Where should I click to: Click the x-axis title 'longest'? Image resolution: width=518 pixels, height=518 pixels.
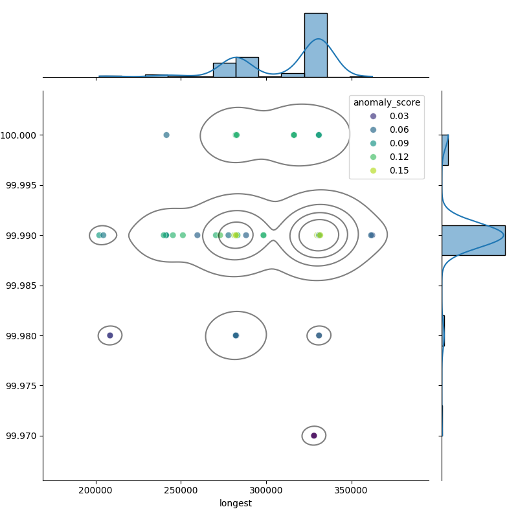click(x=236, y=503)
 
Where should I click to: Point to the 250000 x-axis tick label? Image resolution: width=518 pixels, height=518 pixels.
click(x=181, y=490)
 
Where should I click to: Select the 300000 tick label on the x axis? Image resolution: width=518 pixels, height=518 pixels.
click(x=267, y=490)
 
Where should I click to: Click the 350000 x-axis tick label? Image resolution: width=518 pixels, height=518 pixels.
click(x=352, y=490)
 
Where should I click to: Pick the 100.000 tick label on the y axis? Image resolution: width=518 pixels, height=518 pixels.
click(x=21, y=135)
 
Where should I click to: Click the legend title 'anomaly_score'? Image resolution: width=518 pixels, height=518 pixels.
click(x=387, y=102)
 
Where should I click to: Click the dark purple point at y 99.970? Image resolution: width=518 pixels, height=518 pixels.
click(x=314, y=436)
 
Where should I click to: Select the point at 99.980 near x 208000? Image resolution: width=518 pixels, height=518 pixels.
click(x=110, y=335)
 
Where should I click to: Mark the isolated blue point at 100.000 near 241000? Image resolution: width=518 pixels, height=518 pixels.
click(x=166, y=135)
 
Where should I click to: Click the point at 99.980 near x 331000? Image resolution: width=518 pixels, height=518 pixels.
click(x=319, y=335)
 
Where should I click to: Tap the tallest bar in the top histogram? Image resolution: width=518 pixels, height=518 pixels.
click(x=315, y=45)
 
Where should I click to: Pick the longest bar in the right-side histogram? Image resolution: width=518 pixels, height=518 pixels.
click(x=473, y=240)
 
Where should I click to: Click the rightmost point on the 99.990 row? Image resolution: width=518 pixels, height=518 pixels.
click(x=372, y=235)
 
